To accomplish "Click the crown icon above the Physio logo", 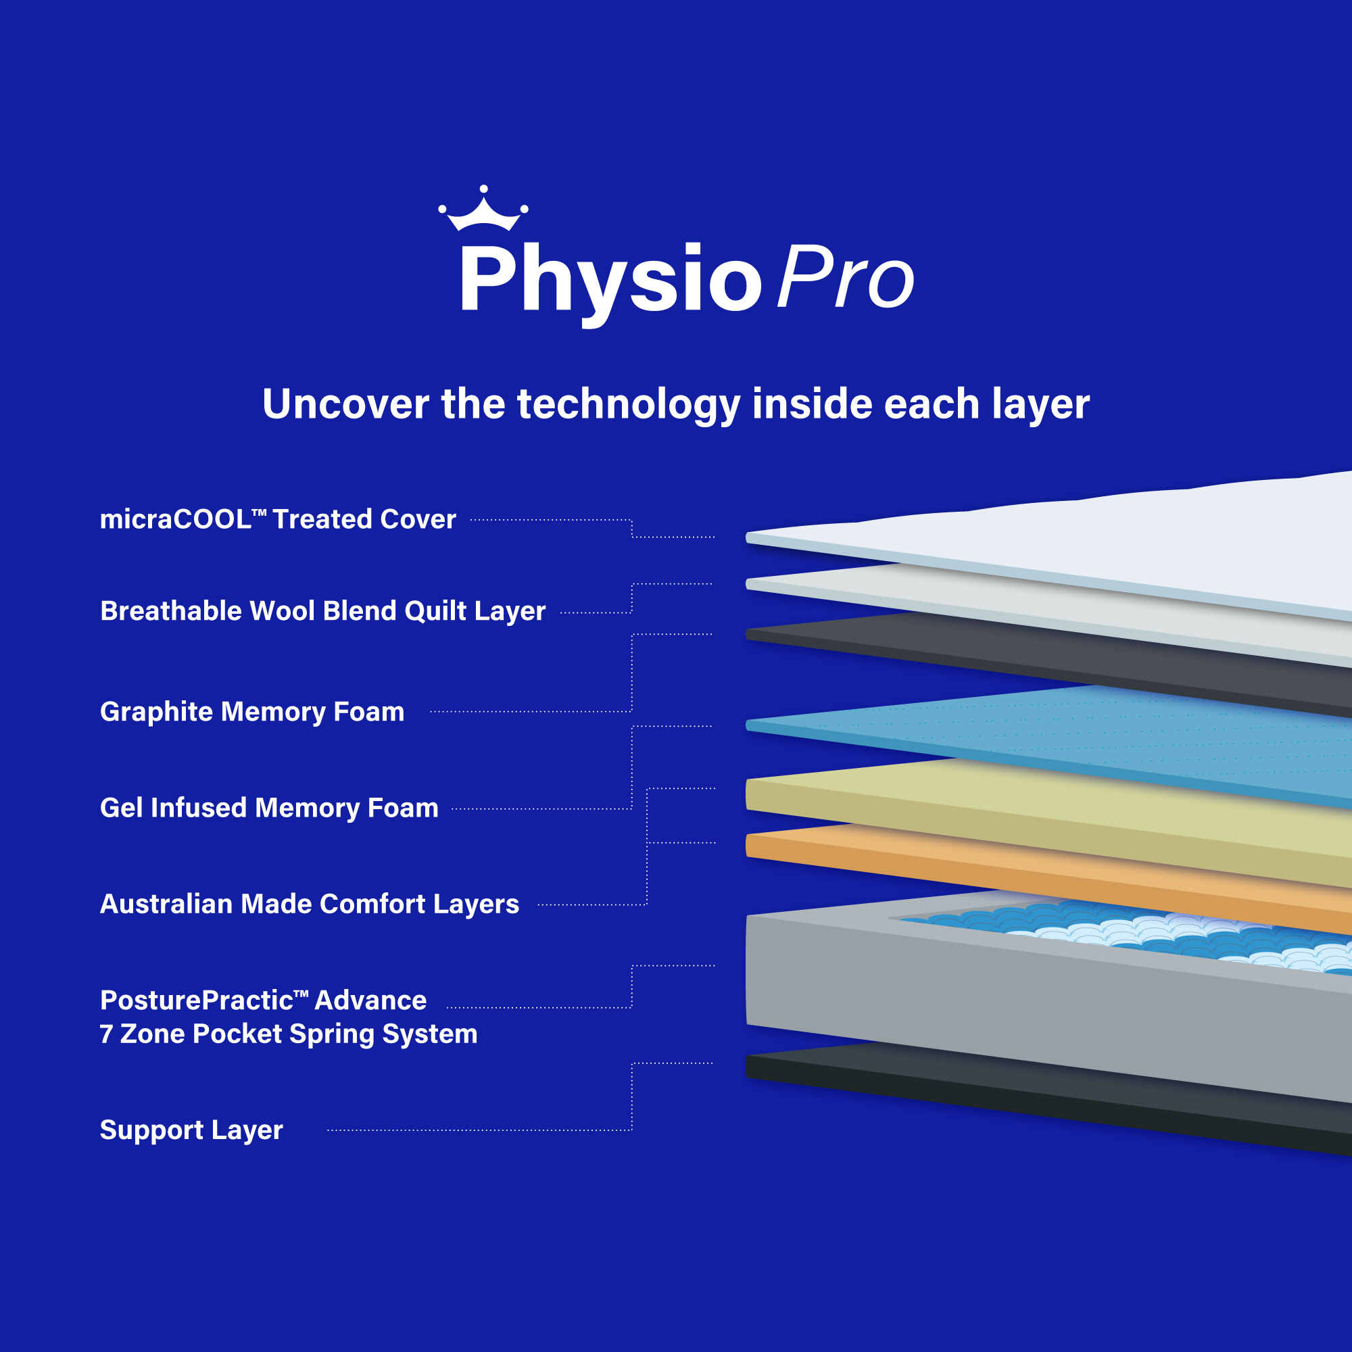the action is (x=483, y=208).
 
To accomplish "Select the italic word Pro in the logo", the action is (x=846, y=278).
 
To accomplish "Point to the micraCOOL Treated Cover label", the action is (x=278, y=519).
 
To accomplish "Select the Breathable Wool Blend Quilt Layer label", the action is (x=322, y=611).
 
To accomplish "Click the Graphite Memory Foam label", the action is (x=252, y=712).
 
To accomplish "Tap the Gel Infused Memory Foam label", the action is (x=270, y=808).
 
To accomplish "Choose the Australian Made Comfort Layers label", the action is (x=310, y=903).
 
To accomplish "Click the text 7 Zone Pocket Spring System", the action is (x=289, y=1034).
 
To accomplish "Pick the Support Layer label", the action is (x=191, y=1130).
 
